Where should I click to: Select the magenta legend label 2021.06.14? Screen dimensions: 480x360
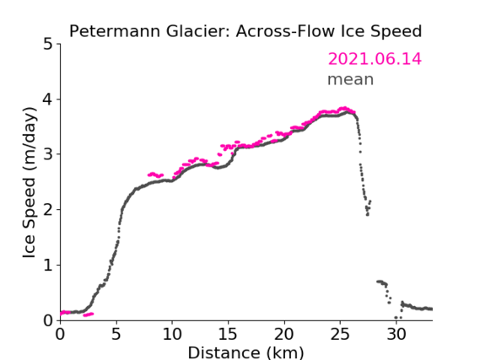[375, 59]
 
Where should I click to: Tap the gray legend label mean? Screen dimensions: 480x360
[351, 79]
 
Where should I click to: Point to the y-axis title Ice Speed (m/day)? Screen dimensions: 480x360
[30, 183]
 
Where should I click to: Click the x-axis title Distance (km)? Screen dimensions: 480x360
[245, 352]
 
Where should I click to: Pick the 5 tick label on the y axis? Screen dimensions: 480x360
[48, 45]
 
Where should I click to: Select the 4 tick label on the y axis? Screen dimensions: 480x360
[48, 99]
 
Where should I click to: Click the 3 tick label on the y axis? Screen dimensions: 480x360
[48, 154]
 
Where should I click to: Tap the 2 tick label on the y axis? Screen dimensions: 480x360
[48, 210]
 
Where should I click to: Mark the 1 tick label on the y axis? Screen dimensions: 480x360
[48, 266]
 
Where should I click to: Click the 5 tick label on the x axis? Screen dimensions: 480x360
[116, 334]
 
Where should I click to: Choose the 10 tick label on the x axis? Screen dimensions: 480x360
[172, 334]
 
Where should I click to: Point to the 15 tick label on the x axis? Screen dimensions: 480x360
[228, 334]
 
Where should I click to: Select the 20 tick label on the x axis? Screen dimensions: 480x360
[284, 334]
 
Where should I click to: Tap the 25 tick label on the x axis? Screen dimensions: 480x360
[340, 334]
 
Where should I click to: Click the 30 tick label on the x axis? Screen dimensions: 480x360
[396, 334]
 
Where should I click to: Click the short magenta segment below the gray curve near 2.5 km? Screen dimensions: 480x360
[89, 314]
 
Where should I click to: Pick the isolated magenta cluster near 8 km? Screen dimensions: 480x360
[155, 175]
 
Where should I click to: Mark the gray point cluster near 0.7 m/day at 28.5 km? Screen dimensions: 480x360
[382, 282]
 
